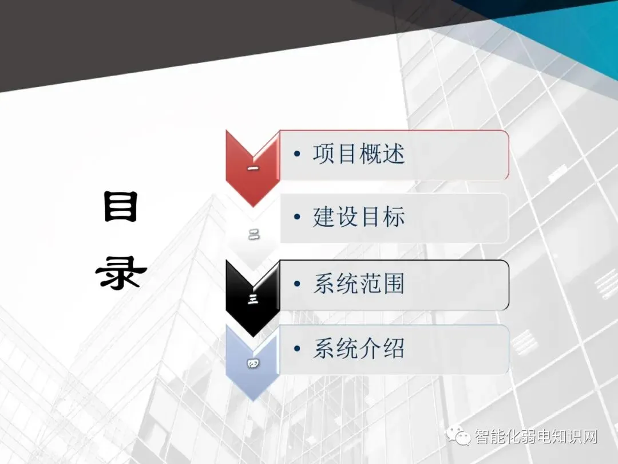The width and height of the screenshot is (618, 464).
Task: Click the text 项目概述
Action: pyautogui.click(x=359, y=155)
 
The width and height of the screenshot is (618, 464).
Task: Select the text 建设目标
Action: pyautogui.click(x=359, y=218)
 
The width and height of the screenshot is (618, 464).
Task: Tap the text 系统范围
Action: pyautogui.click(x=359, y=284)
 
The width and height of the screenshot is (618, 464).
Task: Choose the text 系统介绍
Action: pyautogui.click(x=359, y=349)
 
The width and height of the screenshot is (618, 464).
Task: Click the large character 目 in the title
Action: pyautogui.click(x=121, y=207)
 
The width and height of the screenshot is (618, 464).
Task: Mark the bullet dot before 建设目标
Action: pyautogui.click(x=296, y=218)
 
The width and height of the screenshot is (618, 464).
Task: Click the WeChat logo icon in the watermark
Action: pyautogui.click(x=460, y=437)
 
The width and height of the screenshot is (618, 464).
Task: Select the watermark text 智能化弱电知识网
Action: pyautogui.click(x=536, y=437)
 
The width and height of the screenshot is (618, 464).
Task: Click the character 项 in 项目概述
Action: pyautogui.click(x=324, y=155)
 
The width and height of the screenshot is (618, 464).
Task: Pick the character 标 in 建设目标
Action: pyautogui.click(x=394, y=218)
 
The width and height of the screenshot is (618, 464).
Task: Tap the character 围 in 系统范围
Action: pyautogui.click(x=394, y=284)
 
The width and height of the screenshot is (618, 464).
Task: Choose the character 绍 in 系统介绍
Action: pyautogui.click(x=394, y=349)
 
